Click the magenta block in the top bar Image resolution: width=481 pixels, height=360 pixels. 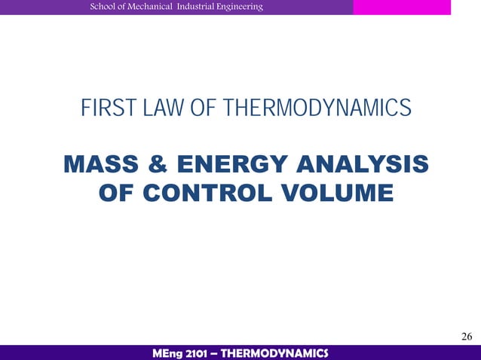tap(402, 7)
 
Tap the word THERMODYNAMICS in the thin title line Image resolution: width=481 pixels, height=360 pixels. tap(317, 109)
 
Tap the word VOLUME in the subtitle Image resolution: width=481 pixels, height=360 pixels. tap(338, 194)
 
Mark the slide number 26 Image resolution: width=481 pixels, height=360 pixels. tap(467, 336)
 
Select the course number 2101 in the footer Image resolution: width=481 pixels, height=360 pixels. tap(202, 352)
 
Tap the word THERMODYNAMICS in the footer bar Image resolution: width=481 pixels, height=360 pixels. tap(280, 352)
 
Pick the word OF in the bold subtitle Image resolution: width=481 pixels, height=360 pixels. tap(118, 194)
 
